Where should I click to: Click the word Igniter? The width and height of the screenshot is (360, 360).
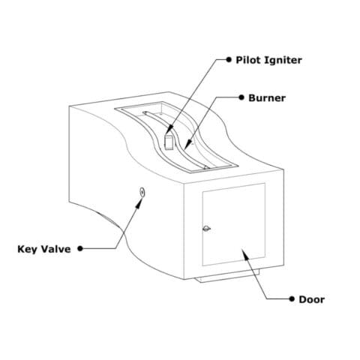click(283, 61)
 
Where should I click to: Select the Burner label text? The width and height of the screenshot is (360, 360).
click(267, 97)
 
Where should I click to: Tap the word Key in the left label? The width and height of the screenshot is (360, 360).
click(27, 249)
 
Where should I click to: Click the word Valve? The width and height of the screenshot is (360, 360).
click(55, 249)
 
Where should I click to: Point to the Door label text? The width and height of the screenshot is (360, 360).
click(312, 299)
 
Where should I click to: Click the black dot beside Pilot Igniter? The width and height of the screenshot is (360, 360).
click(229, 59)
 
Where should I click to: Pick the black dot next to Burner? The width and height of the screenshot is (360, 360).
click(241, 97)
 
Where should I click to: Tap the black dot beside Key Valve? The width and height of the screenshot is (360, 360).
click(80, 248)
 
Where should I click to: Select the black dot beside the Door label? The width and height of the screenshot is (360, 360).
click(292, 298)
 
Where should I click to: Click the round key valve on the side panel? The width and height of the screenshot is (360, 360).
click(142, 192)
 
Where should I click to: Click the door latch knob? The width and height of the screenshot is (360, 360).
click(206, 229)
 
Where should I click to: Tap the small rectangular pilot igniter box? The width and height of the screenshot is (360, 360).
click(169, 142)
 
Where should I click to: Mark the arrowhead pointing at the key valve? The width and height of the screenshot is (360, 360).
click(138, 203)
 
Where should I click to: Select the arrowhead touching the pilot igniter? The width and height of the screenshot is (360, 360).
click(169, 130)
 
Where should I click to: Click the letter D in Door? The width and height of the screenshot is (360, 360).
click(302, 299)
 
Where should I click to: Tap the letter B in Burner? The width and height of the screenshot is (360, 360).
click(252, 97)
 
